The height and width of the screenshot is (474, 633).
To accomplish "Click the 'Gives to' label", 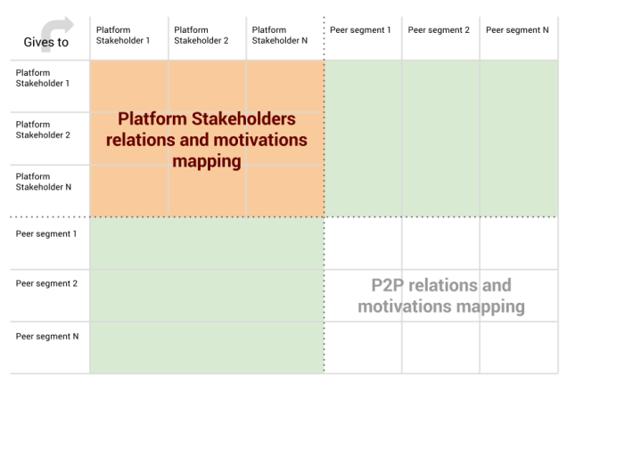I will [46, 43].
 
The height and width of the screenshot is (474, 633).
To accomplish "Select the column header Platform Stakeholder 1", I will [123, 35].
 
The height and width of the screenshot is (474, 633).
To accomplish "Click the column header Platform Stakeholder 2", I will [201, 35].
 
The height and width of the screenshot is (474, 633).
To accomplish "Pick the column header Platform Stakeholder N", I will [279, 35].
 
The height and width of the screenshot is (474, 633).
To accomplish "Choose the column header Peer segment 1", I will [360, 30].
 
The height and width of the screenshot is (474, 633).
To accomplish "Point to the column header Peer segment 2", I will [439, 30].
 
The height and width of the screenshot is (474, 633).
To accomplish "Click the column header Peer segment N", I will [517, 30].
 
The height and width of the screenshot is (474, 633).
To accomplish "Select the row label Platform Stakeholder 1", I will [42, 78].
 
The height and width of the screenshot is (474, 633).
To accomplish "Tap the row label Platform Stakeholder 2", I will [42, 130].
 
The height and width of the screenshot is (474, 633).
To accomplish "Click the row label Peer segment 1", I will [46, 234].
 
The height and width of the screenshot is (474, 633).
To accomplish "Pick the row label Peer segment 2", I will [46, 284].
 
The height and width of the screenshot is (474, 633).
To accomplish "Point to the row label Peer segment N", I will [47, 337].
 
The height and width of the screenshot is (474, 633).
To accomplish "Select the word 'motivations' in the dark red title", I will [259, 141].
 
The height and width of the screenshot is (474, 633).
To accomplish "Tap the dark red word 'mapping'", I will [207, 161].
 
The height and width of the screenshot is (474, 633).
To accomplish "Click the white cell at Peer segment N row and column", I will [519, 347].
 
